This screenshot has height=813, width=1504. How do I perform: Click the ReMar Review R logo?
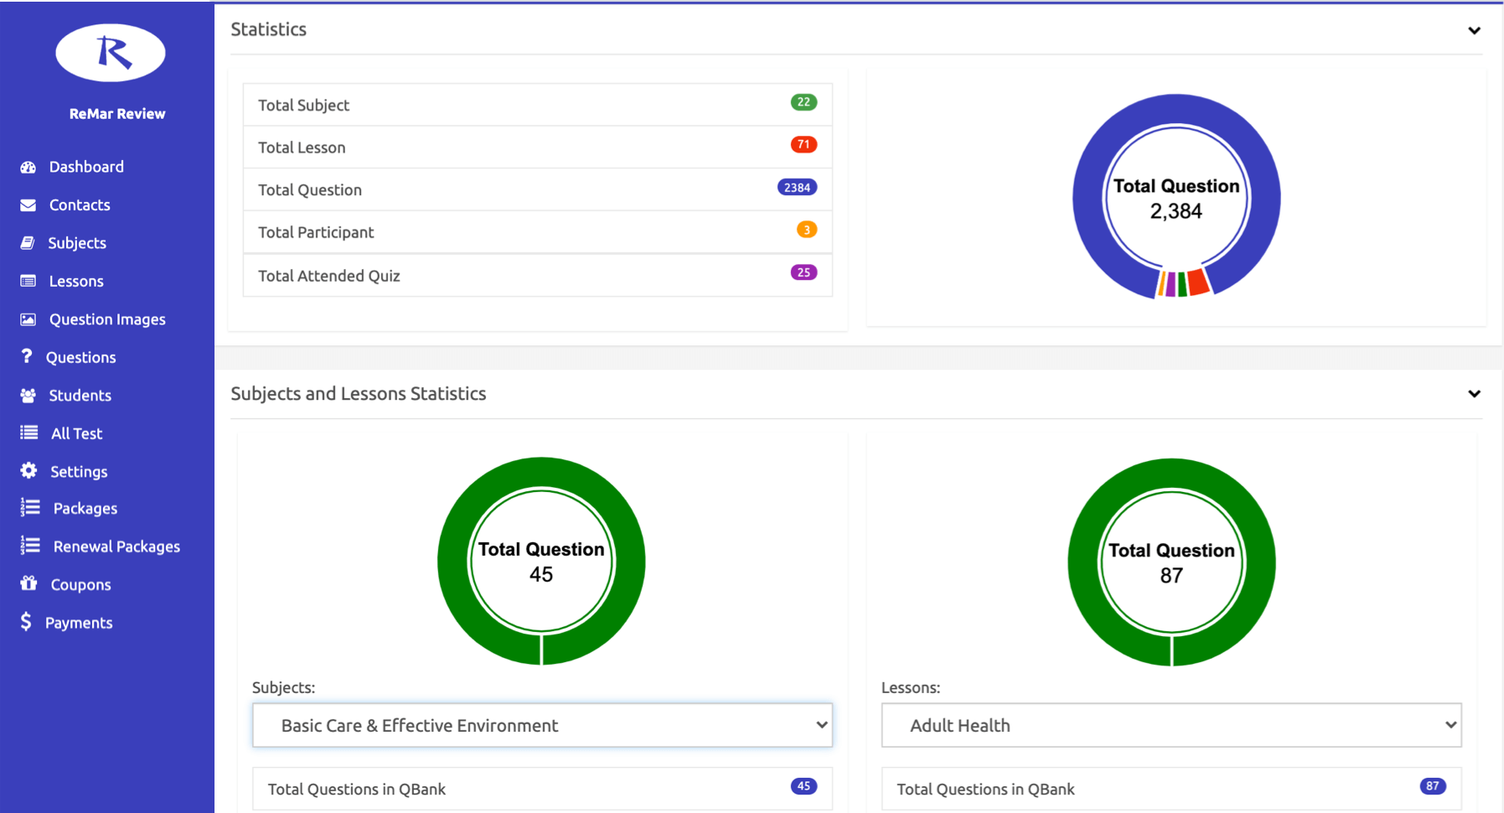[111, 53]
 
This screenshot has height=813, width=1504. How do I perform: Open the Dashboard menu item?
[85, 167]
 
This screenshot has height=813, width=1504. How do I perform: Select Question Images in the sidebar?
[106, 319]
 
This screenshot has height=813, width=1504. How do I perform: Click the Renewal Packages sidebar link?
[116, 546]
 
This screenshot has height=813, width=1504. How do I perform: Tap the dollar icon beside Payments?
[26, 622]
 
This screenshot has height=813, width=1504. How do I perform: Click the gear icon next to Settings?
[28, 470]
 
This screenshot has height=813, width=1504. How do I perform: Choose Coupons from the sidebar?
[80, 584]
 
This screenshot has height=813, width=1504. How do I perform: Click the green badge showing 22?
[803, 102]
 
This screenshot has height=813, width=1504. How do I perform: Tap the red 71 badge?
[803, 144]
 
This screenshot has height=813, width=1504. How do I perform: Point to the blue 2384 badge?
[797, 188]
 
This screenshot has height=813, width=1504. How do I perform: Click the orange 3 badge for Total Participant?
[806, 230]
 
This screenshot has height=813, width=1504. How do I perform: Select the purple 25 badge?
[803, 272]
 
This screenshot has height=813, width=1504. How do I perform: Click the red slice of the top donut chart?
[1199, 282]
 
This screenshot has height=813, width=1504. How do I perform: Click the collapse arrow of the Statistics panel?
[1474, 31]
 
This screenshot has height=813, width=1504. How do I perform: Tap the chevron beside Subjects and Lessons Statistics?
[1474, 394]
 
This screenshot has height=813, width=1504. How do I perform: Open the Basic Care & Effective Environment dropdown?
[542, 725]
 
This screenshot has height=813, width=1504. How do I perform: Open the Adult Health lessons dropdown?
[1171, 725]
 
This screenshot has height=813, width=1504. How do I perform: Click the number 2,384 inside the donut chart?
[1176, 211]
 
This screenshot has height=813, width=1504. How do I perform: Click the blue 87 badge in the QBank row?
[1432, 786]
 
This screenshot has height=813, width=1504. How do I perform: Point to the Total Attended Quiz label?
[328, 276]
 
